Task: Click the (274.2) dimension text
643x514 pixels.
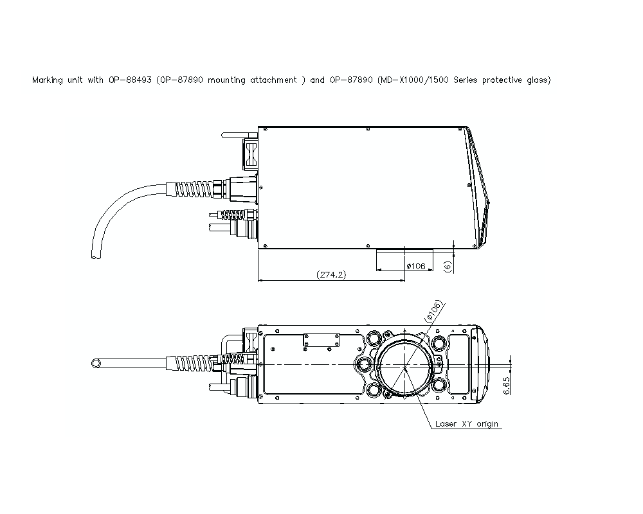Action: pyautogui.click(x=331, y=274)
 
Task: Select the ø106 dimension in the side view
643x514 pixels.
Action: pyautogui.click(x=415, y=266)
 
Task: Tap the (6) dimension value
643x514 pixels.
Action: pyautogui.click(x=448, y=265)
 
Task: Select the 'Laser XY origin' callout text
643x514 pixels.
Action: pyautogui.click(x=466, y=423)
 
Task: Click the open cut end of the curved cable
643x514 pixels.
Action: pyautogui.click(x=95, y=256)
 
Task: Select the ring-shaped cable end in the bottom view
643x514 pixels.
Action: pyautogui.click(x=96, y=364)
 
